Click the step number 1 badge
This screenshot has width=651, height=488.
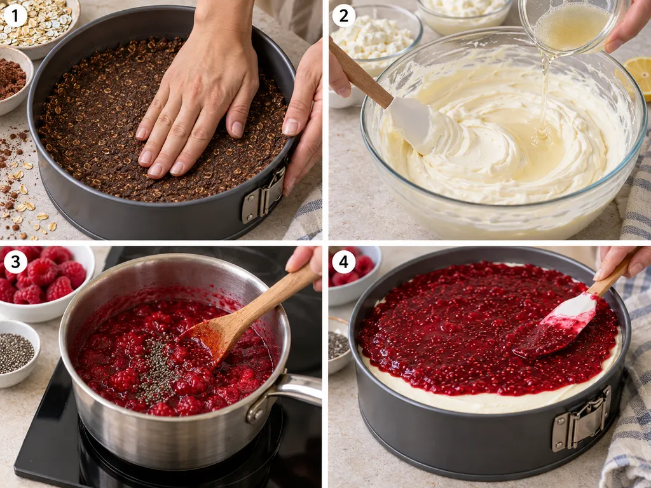coord(15,15)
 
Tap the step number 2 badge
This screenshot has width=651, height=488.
coord(344,15)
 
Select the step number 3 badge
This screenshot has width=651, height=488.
coord(15,262)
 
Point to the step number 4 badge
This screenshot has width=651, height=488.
coord(344,262)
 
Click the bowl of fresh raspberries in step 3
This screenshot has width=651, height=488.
coord(46,282)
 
